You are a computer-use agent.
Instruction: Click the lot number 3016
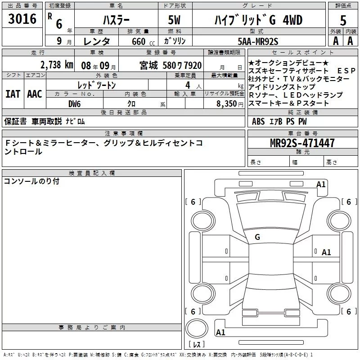pyautogui.click(x=22, y=19)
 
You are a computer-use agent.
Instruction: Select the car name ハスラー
pyautogui.click(x=116, y=20)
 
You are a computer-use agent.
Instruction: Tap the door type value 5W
pyautogui.click(x=175, y=20)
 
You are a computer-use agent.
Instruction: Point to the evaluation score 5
pyautogui.click(x=343, y=20)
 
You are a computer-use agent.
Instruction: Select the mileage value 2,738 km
pyautogui.click(x=57, y=64)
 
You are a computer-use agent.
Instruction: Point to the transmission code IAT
pyautogui.click(x=13, y=94)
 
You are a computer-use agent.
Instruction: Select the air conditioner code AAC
pyautogui.click(x=34, y=94)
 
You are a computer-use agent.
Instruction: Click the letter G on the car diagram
pyautogui.click(x=257, y=237)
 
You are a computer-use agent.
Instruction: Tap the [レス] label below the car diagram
pyautogui.click(x=197, y=345)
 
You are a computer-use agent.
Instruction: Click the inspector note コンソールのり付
pyautogui.click(x=31, y=181)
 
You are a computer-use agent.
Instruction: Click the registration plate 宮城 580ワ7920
pyautogui.click(x=169, y=65)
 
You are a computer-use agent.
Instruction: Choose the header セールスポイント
pyautogui.click(x=286, y=52)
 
